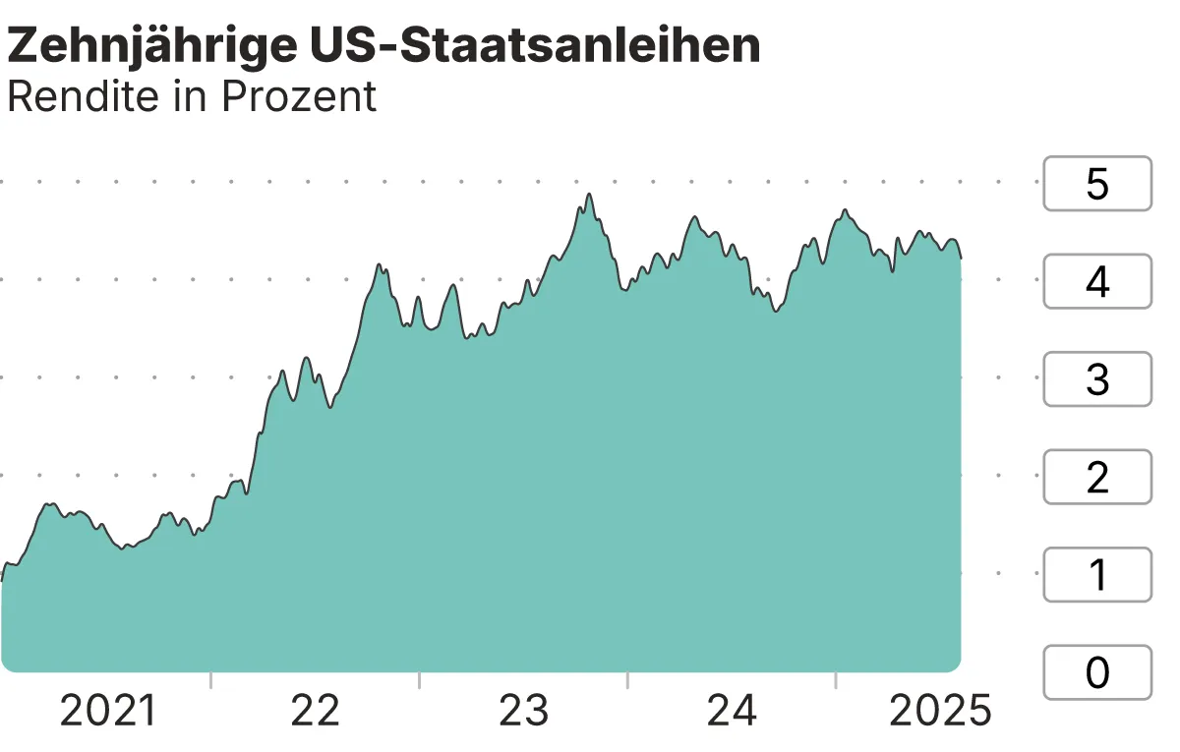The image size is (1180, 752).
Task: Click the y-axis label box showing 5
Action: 1096,184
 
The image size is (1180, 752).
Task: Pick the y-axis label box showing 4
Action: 1096,282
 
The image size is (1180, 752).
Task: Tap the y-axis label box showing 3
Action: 1096,379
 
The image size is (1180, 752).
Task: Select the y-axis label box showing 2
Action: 1096,478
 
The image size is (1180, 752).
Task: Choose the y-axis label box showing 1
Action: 1096,575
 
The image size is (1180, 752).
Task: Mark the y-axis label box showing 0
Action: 1096,672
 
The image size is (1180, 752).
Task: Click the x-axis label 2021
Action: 108,711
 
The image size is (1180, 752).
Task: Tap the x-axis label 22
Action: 315,711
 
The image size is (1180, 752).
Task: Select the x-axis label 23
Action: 523,711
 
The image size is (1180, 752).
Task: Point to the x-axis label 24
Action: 732,711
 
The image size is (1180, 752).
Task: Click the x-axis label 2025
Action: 940,711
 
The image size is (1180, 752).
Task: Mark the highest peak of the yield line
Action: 589,195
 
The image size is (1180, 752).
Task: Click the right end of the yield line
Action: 961,259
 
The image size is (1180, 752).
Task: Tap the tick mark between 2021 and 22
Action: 210,680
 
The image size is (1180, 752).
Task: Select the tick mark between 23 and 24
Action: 627,680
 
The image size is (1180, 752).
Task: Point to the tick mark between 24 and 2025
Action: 836,680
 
